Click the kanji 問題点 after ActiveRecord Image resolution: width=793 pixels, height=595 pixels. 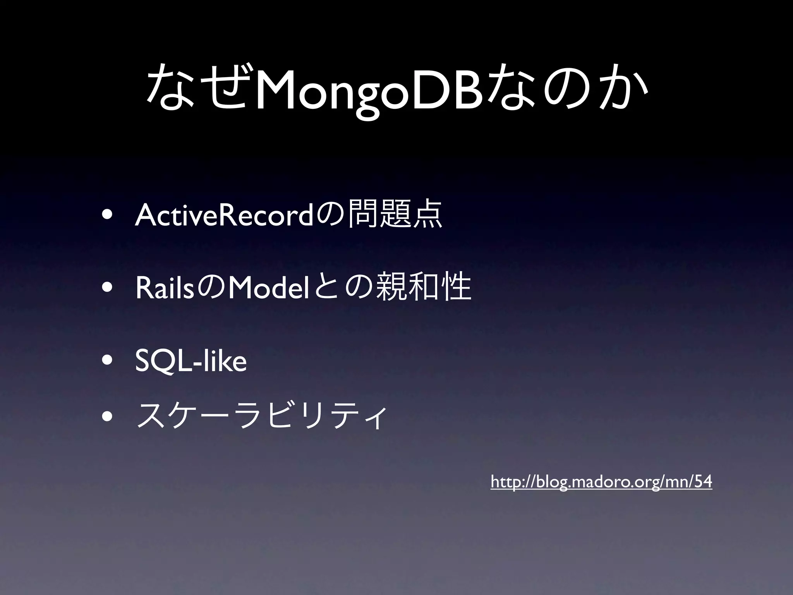(x=395, y=215)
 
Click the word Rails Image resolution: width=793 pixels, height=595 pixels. (x=164, y=289)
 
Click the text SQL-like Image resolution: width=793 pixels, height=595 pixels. (x=191, y=361)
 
